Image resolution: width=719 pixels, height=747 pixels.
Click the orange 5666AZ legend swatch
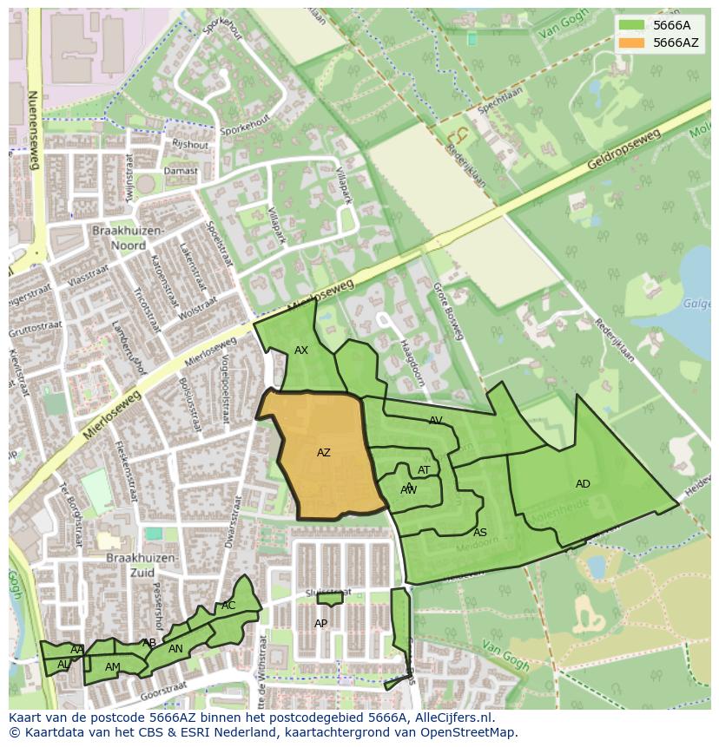pyautogui.click(x=631, y=43)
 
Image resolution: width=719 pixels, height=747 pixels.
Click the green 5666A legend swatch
pyautogui.click(x=631, y=25)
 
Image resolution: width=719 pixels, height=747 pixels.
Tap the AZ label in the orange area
pyautogui.click(x=324, y=453)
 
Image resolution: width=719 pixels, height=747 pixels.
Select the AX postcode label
pyautogui.click(x=301, y=351)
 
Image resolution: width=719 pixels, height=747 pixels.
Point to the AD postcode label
pyautogui.click(x=583, y=484)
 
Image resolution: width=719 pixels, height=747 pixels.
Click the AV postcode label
pyautogui.click(x=436, y=420)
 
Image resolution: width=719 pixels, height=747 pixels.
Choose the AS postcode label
pyautogui.click(x=480, y=533)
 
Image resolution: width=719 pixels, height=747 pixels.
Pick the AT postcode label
pyautogui.click(x=424, y=470)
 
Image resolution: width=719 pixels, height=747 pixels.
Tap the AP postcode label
pyautogui.click(x=321, y=624)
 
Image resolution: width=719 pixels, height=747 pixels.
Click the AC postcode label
pyautogui.click(x=228, y=606)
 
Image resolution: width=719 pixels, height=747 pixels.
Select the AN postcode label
pyautogui.click(x=175, y=649)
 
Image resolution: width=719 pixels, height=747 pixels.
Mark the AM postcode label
pyautogui.click(x=113, y=667)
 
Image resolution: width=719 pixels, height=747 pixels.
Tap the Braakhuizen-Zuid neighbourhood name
pyautogui.click(x=142, y=566)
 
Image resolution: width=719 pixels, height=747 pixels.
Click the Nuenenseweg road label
pyautogui.click(x=34, y=130)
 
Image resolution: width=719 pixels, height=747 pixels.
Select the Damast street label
pyautogui.click(x=181, y=171)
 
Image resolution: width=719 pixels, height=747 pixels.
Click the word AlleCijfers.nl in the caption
pyautogui.click(x=452, y=718)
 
